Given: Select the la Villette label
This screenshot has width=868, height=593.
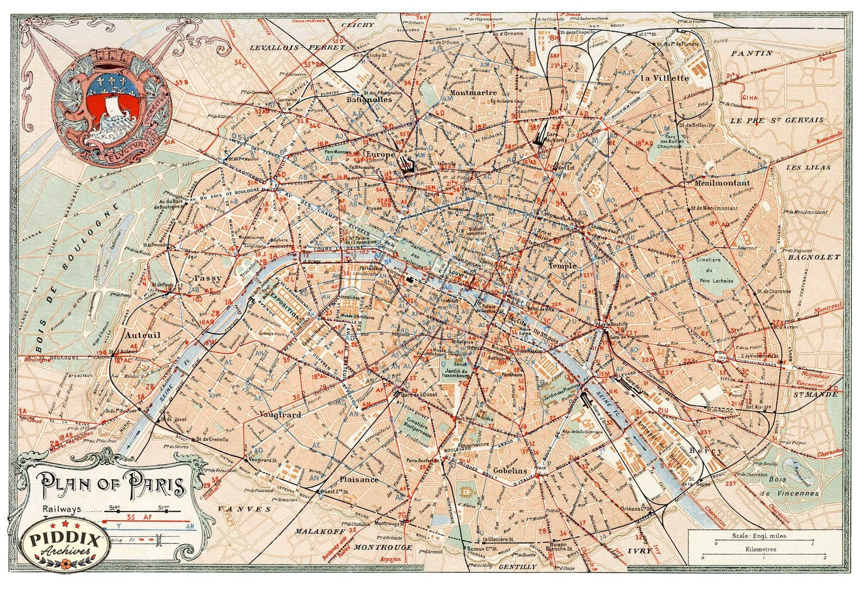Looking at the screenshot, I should click(665, 78).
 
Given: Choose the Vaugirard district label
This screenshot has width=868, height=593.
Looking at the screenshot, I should click(280, 415).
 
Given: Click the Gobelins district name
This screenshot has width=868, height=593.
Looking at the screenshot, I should click(509, 471).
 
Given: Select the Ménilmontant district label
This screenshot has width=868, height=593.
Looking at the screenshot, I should click(722, 183).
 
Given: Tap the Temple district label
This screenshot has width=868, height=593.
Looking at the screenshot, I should click(563, 266).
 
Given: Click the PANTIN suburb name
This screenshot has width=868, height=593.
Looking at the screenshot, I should click(752, 53).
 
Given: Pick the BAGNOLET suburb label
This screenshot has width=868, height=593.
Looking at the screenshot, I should click(814, 257).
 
